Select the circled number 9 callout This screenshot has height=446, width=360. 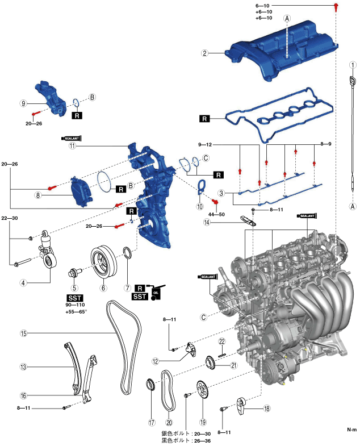coord(24,103)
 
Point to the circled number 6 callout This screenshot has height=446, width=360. coord(103,287)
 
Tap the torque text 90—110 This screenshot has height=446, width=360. coord(75,306)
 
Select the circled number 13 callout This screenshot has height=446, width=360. coord(24,368)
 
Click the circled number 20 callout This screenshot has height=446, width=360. coord(168,422)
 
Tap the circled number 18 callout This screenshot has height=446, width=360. coord(266,408)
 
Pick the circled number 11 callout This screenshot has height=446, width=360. coord(73,145)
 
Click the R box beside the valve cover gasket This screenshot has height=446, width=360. coord(204,119)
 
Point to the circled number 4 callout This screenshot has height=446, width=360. coord(24,282)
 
